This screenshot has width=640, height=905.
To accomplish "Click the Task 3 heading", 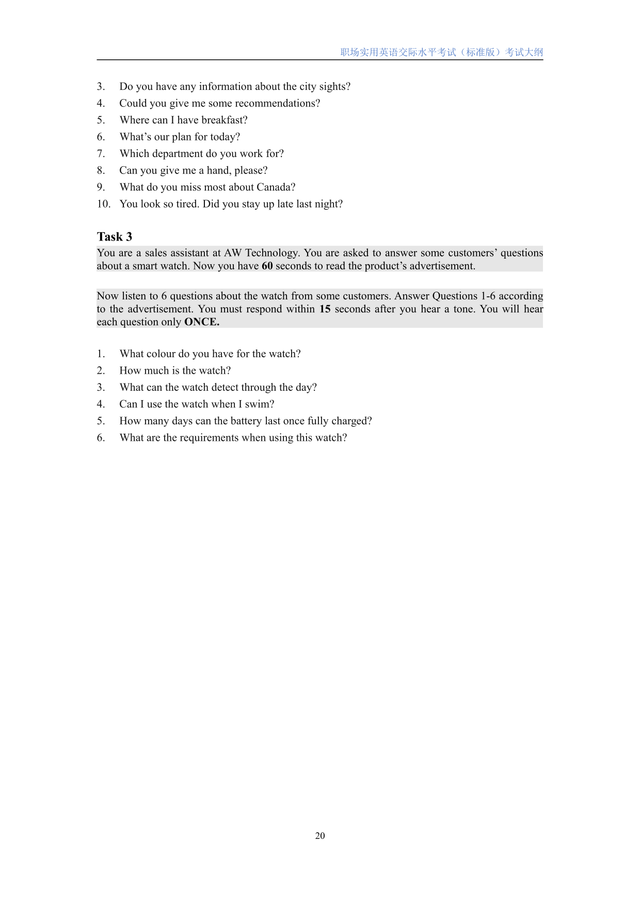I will point(115,237).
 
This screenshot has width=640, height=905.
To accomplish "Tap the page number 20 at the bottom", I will point(320,835).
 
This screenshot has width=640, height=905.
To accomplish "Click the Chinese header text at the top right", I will point(441,52).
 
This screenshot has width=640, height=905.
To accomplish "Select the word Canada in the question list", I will point(276,187).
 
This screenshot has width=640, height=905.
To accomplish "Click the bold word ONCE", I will point(201,322).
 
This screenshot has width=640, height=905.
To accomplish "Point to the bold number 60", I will point(267,266).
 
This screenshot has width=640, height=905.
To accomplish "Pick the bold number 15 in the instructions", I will point(325,309).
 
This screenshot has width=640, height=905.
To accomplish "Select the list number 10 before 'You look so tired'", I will point(103,204).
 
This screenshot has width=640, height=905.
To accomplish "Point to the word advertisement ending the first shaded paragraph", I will point(442,266).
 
